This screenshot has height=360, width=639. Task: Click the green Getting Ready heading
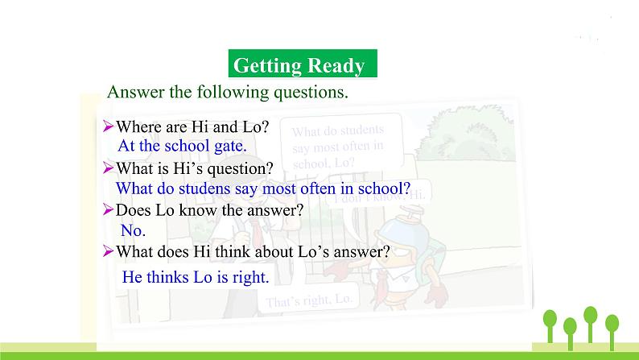298,65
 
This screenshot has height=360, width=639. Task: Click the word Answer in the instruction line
135,92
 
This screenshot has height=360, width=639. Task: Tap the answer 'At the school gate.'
182,146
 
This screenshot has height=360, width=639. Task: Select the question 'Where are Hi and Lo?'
193,126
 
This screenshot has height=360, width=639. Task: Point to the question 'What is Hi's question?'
195,168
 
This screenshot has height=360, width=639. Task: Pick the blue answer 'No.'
133,230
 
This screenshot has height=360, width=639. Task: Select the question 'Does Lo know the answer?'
209,210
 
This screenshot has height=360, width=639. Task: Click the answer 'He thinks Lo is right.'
195,277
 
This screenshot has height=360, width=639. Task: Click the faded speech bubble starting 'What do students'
336,146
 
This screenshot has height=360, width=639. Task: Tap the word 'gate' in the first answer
228,146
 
